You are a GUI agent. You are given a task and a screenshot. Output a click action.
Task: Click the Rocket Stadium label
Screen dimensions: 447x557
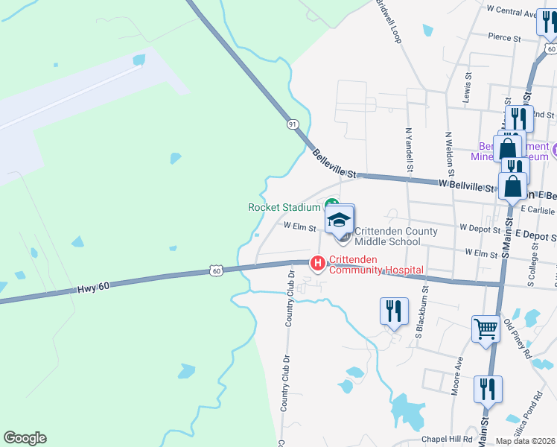tap(284, 207)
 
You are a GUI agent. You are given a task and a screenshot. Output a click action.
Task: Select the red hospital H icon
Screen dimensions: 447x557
tap(318, 262)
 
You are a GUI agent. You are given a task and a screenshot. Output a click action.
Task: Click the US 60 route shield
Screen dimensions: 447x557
tap(215, 271)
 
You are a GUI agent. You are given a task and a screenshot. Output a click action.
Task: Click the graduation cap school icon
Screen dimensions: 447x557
tap(340, 220)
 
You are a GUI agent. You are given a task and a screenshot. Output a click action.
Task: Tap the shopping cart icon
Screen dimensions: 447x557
tap(486, 328)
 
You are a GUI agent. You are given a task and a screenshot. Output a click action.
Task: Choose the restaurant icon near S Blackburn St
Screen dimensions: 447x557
tap(394, 311)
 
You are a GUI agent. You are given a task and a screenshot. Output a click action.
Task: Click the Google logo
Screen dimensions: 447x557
tap(25, 438)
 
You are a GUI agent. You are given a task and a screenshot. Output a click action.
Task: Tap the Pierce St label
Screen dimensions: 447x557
tap(505, 36)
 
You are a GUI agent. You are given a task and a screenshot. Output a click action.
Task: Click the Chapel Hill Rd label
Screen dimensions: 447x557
tap(447, 440)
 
